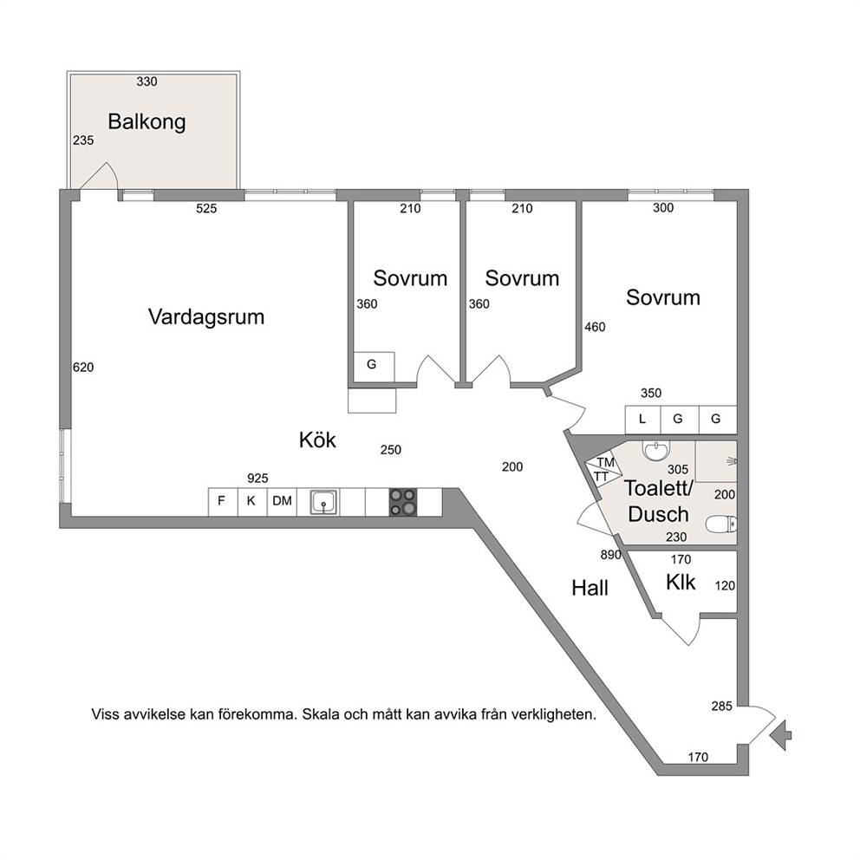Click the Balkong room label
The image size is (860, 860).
point(147,121)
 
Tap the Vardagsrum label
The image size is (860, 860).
point(206,317)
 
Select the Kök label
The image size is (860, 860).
point(317,440)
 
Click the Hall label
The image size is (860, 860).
point(590,588)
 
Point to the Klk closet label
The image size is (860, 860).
point(681,582)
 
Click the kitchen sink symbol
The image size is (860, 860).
point(324,502)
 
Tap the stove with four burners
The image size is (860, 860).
point(403,502)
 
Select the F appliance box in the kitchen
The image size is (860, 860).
point(223,502)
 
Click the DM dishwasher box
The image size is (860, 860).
point(282,502)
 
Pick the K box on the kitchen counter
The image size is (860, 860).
point(252,502)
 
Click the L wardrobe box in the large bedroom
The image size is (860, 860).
point(642,420)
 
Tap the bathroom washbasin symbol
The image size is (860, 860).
point(656,451)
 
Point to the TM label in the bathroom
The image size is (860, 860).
point(605,462)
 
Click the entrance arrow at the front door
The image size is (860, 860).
point(780,734)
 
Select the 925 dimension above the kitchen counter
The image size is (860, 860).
point(257,479)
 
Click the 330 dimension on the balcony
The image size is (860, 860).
point(147,81)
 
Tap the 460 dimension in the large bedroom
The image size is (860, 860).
point(595,328)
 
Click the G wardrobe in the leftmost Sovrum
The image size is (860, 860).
point(373,365)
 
